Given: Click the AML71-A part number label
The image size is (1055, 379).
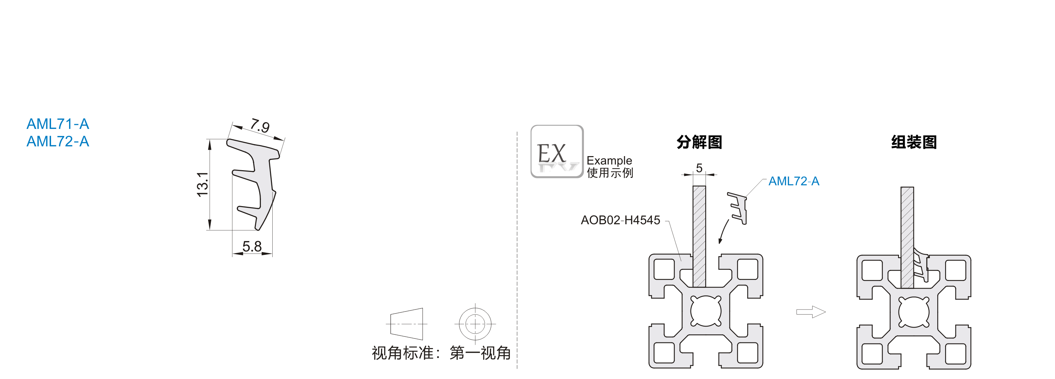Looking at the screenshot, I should [58, 124].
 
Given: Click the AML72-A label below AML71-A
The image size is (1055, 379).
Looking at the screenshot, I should [58, 142].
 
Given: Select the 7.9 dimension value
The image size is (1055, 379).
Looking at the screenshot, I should [260, 126].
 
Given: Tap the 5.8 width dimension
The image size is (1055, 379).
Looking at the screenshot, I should [252, 246].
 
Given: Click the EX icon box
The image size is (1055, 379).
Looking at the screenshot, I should [557, 151].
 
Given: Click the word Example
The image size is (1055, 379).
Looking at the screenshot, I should [609, 160].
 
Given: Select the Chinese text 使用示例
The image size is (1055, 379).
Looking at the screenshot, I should [610, 173].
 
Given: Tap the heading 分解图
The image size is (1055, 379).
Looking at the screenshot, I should [699, 142].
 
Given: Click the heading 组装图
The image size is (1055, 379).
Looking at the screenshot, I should [914, 142].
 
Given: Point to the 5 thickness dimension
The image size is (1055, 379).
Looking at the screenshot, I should [699, 168].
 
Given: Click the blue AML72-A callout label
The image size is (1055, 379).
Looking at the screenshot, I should [793, 181].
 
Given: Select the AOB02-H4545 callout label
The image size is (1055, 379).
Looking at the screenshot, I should [620, 220].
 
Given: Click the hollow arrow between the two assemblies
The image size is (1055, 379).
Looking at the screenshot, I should [811, 312].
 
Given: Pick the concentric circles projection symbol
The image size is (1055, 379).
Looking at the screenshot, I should [475, 324].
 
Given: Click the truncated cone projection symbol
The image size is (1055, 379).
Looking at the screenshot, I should [407, 324].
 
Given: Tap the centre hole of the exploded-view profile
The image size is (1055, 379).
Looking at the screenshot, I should [706, 311].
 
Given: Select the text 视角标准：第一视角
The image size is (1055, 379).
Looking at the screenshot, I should [441, 353].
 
